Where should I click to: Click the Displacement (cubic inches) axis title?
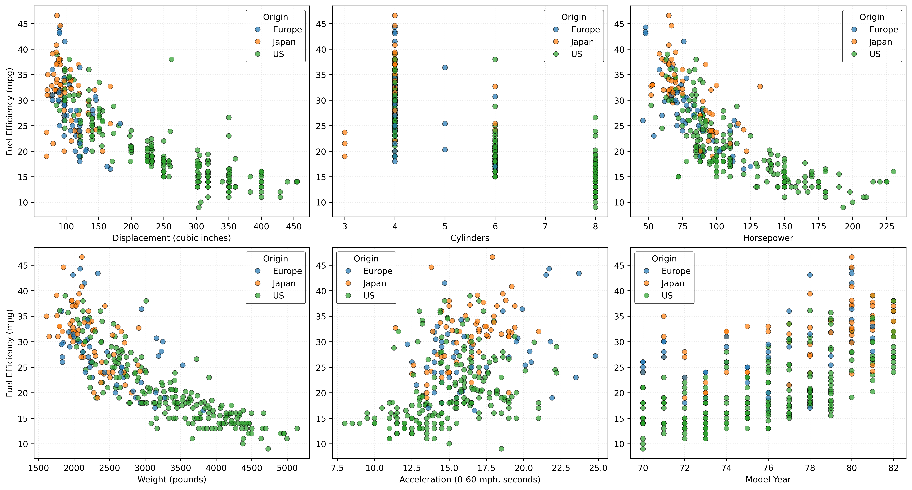tap(172, 238)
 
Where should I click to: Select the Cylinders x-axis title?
tap(470, 238)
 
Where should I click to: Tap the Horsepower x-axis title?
tap(768, 238)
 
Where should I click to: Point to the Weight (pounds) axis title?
tap(172, 479)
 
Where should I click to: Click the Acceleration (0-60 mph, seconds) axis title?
tap(470, 479)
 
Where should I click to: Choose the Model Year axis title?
tap(768, 479)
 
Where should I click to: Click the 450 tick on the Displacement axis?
tap(294, 226)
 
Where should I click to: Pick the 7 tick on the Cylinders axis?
tap(545, 226)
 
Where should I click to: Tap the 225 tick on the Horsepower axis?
tap(887, 226)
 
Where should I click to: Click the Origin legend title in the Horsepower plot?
tap(872, 17)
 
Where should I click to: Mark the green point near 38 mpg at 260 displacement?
tap(171, 59)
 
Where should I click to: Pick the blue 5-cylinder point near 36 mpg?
tap(445, 67)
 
